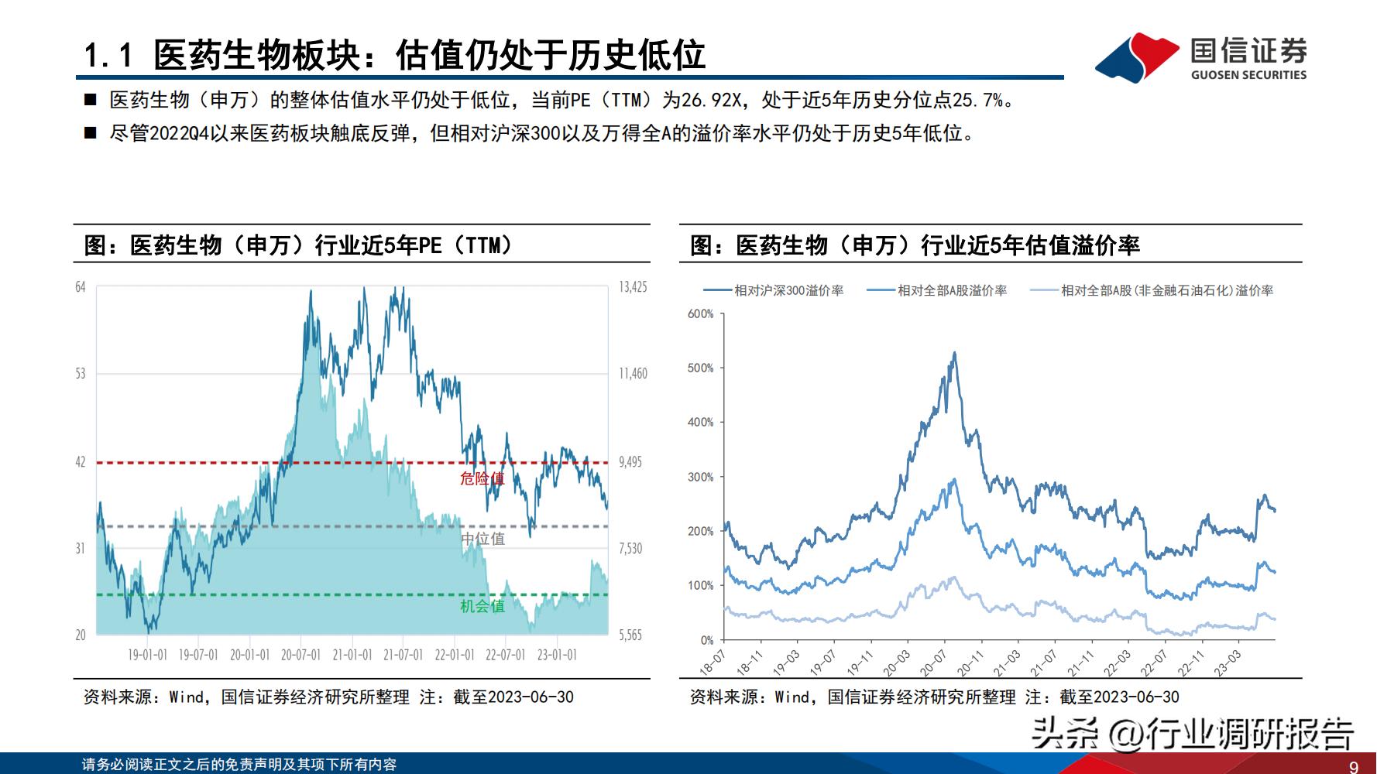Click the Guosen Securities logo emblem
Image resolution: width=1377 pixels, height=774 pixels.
tap(1137, 57)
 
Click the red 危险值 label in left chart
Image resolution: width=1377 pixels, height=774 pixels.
tap(482, 478)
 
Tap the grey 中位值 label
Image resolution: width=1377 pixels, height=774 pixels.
tap(482, 539)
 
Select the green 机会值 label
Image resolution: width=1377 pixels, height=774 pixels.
tap(482, 606)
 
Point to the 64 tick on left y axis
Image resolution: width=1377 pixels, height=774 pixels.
tap(81, 287)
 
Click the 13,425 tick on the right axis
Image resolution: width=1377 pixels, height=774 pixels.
tap(633, 287)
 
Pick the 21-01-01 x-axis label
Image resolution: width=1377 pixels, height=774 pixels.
tap(352, 655)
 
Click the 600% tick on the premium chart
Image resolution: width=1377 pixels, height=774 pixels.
tap(700, 313)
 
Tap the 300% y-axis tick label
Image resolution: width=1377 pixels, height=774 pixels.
tap(700, 477)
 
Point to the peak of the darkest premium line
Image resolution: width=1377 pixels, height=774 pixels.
tap(954, 354)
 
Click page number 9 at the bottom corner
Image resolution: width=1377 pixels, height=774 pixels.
tap(1354, 766)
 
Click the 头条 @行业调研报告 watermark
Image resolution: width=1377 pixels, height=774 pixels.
tap(1193, 732)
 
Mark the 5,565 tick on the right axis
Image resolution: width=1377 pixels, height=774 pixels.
tap(630, 635)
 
